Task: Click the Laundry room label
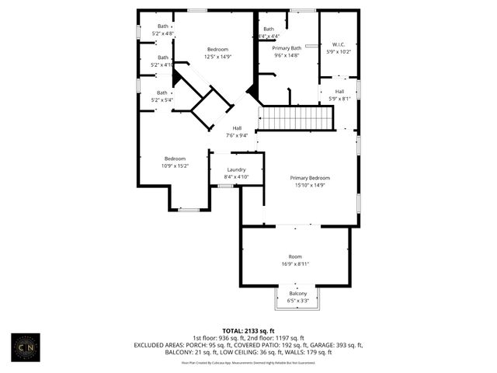(237, 169)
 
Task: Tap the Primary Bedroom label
(311, 178)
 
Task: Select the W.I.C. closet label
(339, 44)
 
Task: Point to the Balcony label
(298, 293)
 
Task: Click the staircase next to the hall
(295, 118)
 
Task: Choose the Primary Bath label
(286, 48)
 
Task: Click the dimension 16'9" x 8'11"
(295, 264)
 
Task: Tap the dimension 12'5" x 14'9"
(217, 56)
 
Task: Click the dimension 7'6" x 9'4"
(237, 135)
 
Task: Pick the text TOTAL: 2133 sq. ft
(248, 330)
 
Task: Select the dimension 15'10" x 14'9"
(311, 185)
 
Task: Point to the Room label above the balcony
(295, 256)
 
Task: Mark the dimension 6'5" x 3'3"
(298, 300)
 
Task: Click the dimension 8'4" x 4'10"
(237, 177)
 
